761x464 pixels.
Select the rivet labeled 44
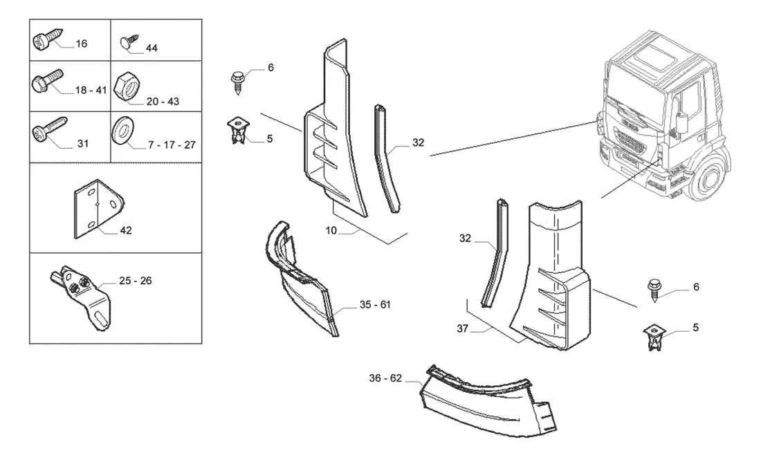(129, 41)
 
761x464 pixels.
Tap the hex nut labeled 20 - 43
(127, 87)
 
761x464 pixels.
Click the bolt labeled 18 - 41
(47, 81)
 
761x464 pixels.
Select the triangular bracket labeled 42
(98, 209)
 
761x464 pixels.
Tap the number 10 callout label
(331, 230)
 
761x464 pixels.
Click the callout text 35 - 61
(375, 305)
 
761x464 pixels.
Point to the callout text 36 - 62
(385, 378)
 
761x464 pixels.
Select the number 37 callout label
(463, 328)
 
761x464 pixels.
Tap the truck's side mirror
(681, 121)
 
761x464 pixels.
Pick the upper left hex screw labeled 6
(238, 82)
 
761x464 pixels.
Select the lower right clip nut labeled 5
(654, 337)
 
